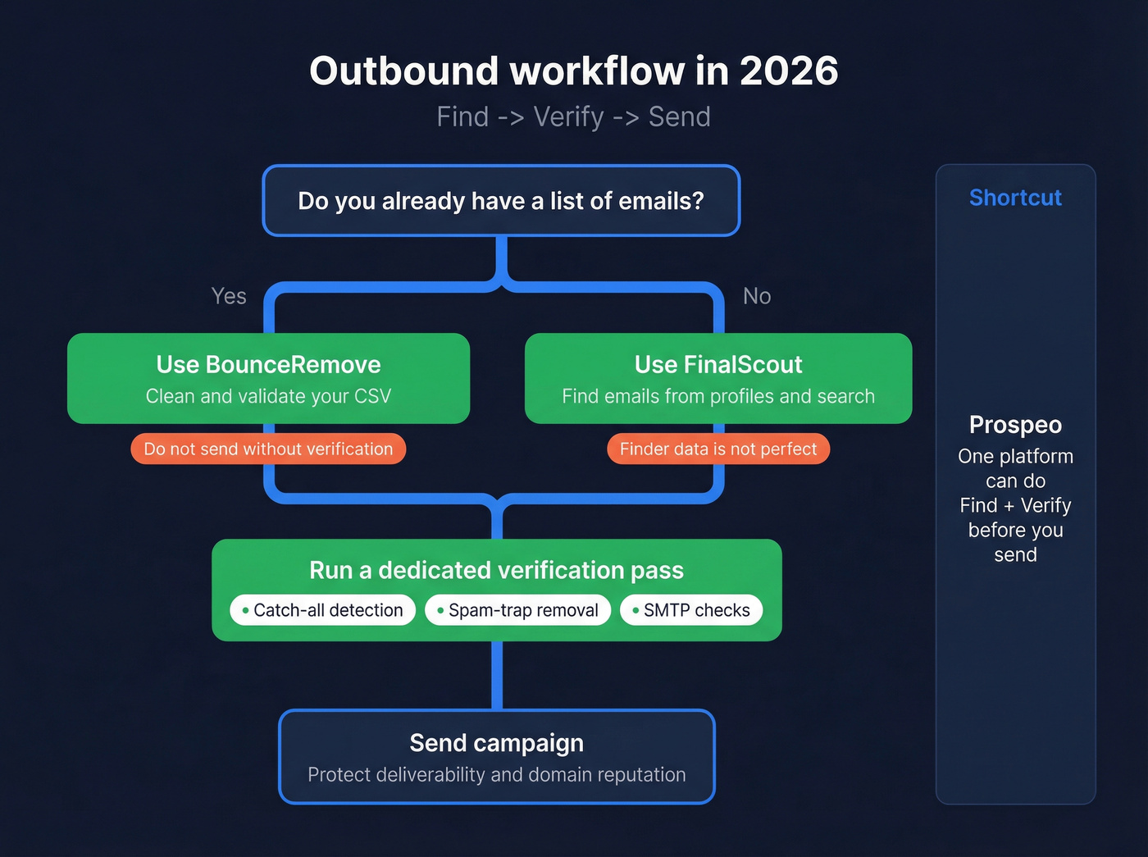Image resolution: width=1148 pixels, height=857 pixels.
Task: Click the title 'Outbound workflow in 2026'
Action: (573, 71)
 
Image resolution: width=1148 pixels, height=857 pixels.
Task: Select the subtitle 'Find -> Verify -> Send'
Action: (573, 117)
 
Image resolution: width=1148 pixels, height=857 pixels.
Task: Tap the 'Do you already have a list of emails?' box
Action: (501, 201)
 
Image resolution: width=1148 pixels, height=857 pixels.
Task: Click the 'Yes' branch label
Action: (229, 296)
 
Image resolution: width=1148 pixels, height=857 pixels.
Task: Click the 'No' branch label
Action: (756, 296)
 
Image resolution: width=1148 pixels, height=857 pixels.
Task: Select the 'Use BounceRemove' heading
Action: (268, 364)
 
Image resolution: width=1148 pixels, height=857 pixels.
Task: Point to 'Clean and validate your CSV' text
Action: (268, 396)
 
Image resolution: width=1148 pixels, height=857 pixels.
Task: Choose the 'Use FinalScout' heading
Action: (718, 364)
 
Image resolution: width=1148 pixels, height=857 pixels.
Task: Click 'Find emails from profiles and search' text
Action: (718, 396)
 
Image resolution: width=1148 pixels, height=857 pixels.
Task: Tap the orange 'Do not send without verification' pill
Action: (268, 449)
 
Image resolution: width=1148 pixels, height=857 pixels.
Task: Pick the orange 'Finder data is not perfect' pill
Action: (718, 449)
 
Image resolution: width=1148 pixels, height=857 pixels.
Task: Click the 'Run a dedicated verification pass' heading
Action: (496, 570)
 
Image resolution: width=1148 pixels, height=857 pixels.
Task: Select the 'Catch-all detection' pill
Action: (322, 610)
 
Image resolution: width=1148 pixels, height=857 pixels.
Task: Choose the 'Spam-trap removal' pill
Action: (517, 610)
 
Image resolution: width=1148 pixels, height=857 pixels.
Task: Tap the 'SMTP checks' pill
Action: (691, 610)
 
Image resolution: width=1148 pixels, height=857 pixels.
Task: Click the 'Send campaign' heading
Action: (496, 743)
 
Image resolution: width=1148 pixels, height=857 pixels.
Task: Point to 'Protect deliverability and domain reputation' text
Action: (496, 775)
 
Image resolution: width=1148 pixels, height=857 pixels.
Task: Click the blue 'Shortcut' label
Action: (1015, 198)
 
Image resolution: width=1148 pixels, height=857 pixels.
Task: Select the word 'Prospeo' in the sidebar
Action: (1015, 425)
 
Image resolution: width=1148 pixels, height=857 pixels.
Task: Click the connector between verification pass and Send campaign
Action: (497, 675)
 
